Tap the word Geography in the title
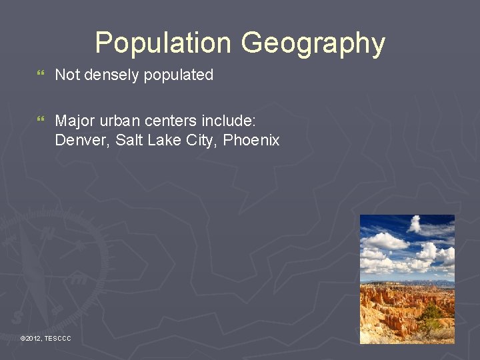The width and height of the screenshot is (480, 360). (313, 43)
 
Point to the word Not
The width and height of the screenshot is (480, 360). (66, 75)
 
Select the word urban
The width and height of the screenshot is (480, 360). (118, 121)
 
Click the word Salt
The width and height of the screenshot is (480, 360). (129, 140)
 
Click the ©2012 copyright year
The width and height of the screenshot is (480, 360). (31, 339)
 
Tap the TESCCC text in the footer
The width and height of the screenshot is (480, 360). (57, 339)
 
